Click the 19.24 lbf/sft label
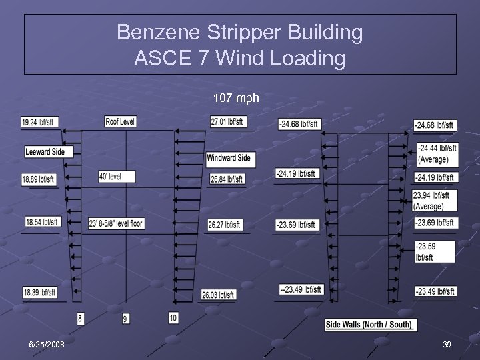tap(37, 122)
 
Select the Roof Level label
tap(120, 121)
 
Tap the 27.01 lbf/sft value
tap(227, 121)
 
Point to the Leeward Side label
tap(45, 152)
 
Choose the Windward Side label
tap(228, 158)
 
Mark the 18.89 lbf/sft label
tap(39, 179)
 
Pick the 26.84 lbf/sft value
tap(227, 179)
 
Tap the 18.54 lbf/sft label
tap(43, 221)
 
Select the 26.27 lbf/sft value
tap(224, 225)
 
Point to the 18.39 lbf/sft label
tap(40, 292)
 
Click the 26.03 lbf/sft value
tap(218, 295)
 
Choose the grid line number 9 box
tap(126, 319)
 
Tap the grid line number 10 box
tap(173, 318)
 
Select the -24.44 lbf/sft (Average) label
tap(437, 153)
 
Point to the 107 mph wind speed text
tap(236, 98)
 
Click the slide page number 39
tap(447, 344)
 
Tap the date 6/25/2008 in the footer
tap(46, 344)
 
